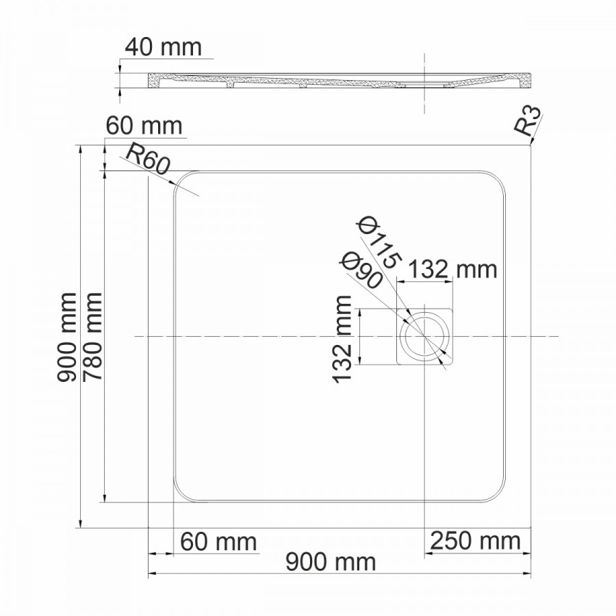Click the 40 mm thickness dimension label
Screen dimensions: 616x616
click(163, 47)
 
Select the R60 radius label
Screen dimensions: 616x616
click(148, 160)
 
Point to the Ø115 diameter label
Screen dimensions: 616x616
click(379, 244)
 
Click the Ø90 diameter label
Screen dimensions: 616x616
click(361, 270)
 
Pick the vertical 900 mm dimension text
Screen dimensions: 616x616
click(66, 337)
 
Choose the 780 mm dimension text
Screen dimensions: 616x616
click(92, 337)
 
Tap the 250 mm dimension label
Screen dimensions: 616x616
click(476, 541)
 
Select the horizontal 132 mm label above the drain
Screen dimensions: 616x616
click(452, 270)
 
